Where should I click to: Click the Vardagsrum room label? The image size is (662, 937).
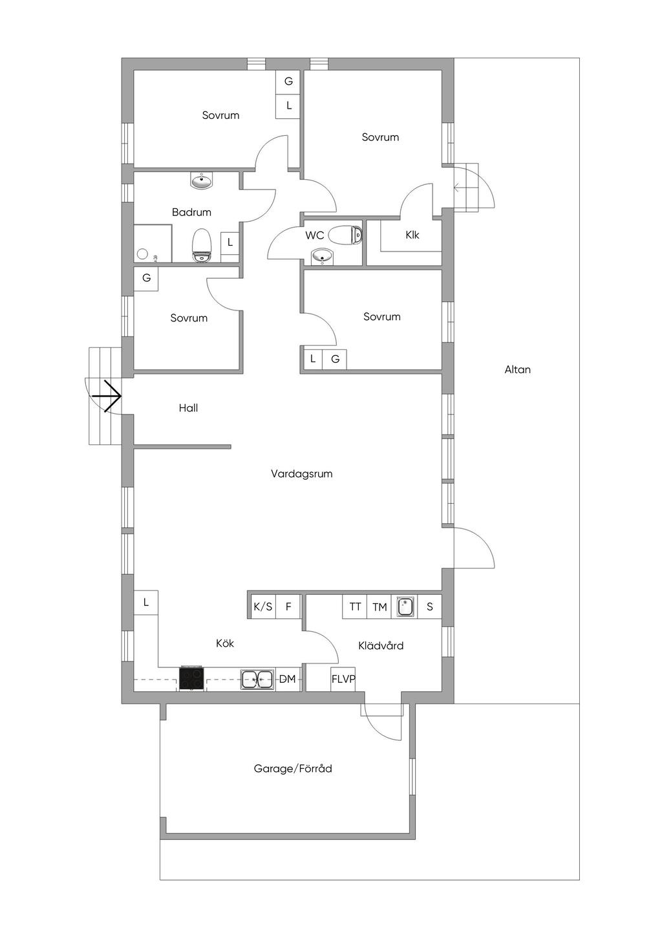click(301, 474)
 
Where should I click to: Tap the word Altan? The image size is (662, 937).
click(517, 369)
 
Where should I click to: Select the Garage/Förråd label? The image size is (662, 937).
click(293, 768)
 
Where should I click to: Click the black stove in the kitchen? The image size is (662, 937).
click(192, 678)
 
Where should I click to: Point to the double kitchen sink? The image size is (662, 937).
click(257, 680)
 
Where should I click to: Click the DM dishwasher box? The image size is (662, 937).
click(288, 679)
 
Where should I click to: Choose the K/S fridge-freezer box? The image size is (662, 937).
click(263, 606)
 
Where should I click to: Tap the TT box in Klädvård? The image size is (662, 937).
click(355, 607)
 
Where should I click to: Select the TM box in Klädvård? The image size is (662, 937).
click(379, 607)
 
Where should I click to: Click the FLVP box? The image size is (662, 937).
click(343, 679)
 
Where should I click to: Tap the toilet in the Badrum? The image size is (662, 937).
click(202, 246)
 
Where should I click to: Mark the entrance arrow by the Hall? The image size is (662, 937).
click(107, 396)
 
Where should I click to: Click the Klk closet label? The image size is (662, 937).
click(412, 235)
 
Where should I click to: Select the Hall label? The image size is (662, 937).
click(188, 408)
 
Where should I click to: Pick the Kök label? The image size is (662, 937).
click(225, 643)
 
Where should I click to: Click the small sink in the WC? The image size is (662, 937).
click(322, 255)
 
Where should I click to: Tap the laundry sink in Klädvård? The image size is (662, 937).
click(404, 607)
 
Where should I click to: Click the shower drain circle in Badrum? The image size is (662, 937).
click(143, 253)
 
